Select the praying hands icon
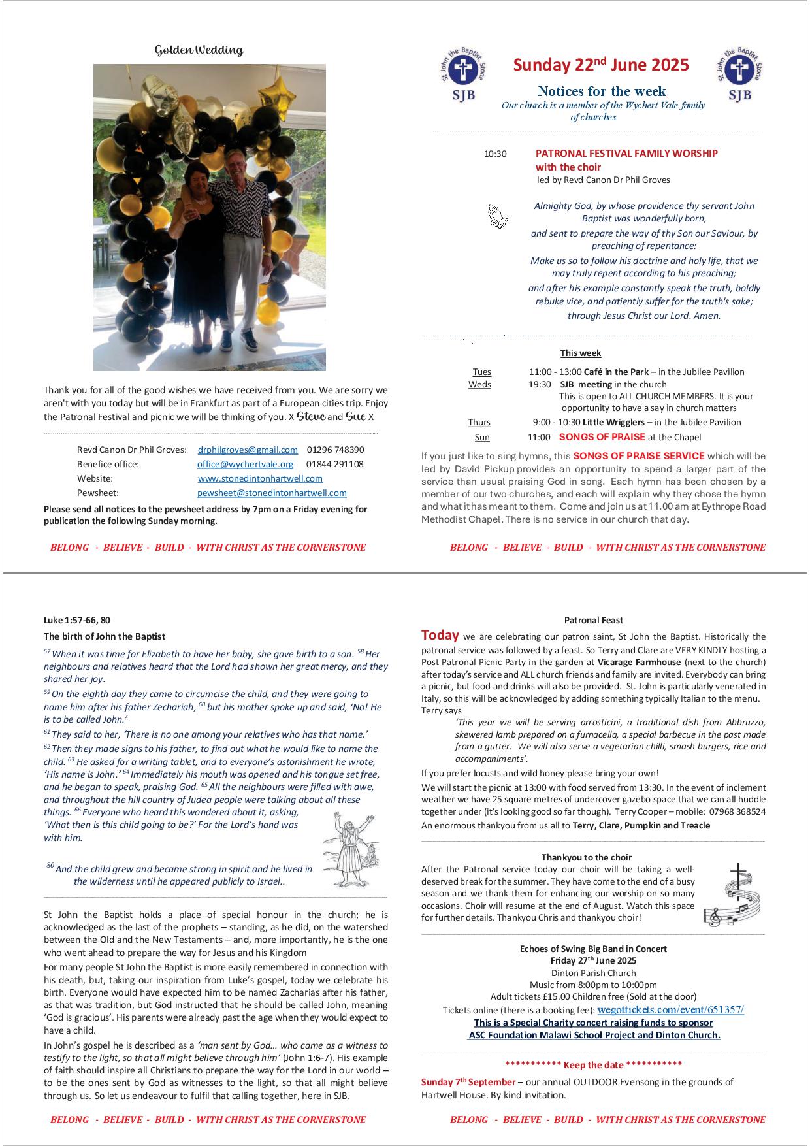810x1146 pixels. point(498,216)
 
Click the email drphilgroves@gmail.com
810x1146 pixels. point(248,450)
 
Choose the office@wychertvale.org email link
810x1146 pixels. point(245,464)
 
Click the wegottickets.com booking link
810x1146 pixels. point(670,1009)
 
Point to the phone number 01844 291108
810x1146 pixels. point(334,464)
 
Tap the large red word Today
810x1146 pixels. point(440,635)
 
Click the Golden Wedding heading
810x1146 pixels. point(199,50)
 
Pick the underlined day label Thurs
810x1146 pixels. point(479,422)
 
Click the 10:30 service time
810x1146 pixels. point(494,154)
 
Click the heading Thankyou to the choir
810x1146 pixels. point(586,857)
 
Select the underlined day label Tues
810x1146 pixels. point(481,372)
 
